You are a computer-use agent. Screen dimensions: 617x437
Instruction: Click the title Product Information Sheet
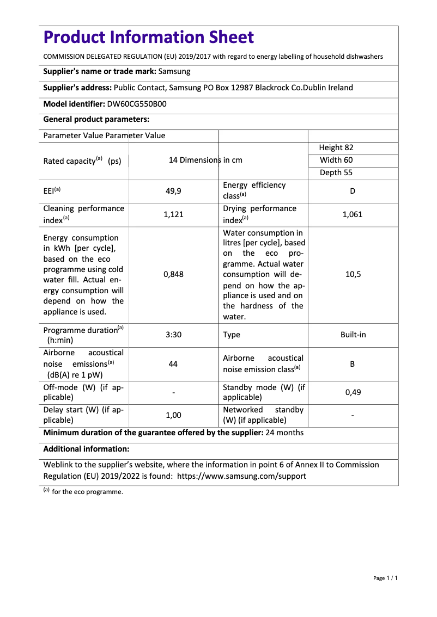coord(148,38)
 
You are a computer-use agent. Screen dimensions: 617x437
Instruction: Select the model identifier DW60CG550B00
coord(136,104)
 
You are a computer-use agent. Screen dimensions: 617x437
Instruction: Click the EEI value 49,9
coord(173,191)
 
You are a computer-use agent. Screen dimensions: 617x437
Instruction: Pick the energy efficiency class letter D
coord(353,191)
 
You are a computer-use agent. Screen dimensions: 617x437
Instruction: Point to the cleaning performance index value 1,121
coord(173,214)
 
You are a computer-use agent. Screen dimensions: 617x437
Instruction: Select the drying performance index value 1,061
coord(353,214)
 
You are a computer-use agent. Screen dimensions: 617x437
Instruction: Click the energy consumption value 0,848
coord(173,275)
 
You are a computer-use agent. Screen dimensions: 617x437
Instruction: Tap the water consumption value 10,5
coord(353,275)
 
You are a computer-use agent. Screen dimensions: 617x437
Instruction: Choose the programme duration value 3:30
coord(173,335)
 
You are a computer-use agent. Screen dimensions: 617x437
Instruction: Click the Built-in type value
coord(353,335)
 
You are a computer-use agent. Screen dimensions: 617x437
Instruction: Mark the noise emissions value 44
coord(173,364)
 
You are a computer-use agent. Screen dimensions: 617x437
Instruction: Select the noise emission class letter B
coord(353,364)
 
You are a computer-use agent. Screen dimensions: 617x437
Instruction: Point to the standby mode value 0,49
coord(353,392)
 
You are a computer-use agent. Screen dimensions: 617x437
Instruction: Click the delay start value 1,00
coord(173,415)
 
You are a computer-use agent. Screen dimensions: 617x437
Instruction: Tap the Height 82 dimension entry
coord(336,147)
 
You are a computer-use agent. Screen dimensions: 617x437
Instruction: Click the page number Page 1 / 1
coord(385,578)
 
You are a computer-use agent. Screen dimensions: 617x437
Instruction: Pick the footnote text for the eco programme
coord(87,492)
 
